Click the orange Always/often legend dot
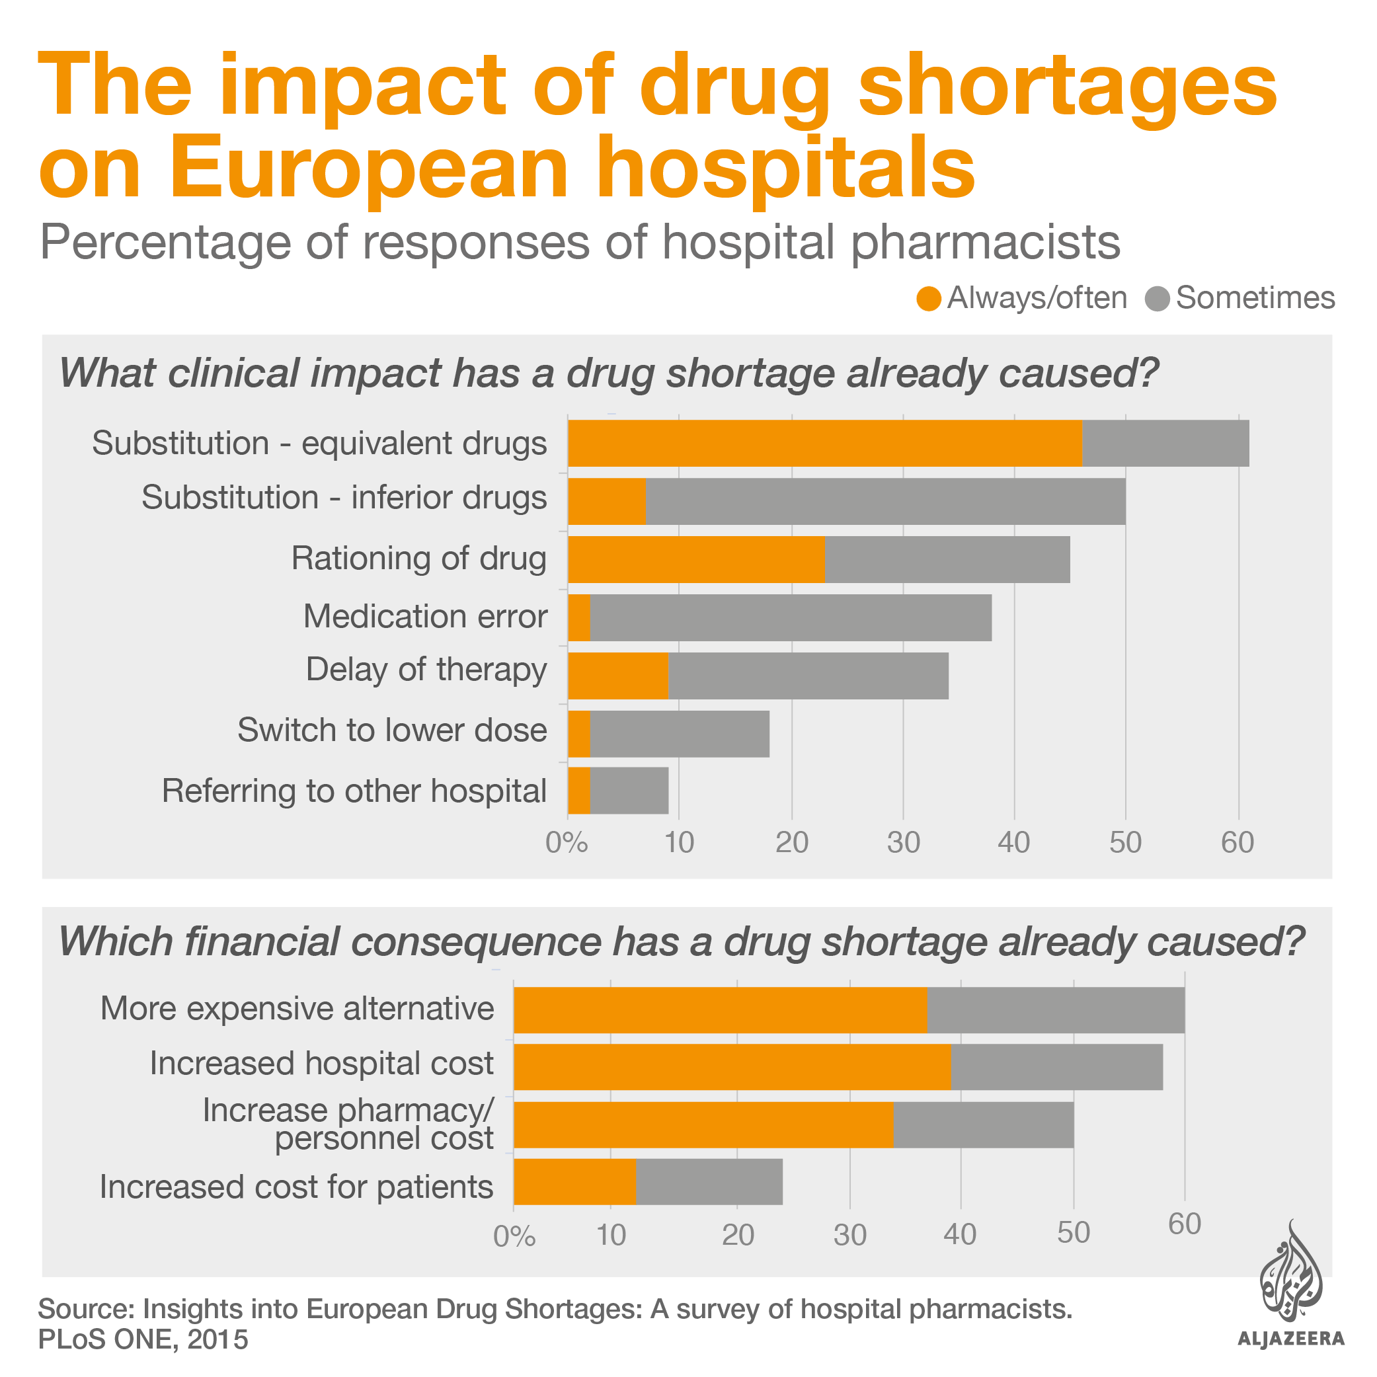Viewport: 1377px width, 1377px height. pos(929,299)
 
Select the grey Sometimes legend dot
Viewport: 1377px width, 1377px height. pos(1157,299)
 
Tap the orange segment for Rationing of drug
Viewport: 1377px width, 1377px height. pos(695,559)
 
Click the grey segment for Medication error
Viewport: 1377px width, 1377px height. pos(791,617)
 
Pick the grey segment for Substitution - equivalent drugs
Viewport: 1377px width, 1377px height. pos(1165,444)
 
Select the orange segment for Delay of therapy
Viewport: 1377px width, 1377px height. pos(618,676)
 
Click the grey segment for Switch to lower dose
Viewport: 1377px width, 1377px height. pos(679,733)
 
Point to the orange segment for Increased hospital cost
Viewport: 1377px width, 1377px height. pos(732,1067)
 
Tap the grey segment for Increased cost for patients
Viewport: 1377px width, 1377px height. pos(709,1182)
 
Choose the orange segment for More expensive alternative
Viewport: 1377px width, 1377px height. pos(720,1010)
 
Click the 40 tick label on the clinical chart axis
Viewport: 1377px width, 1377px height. pos(1013,842)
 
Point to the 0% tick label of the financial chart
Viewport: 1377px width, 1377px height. pos(514,1236)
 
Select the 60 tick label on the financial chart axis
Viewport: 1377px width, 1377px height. pos(1185,1224)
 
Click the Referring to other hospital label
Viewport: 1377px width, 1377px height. pos(354,791)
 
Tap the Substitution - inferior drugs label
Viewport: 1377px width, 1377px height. pos(344,498)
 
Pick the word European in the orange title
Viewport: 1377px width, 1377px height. pos(368,169)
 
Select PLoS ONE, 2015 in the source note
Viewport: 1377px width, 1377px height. pos(143,1339)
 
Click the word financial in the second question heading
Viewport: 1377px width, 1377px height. pos(261,941)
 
